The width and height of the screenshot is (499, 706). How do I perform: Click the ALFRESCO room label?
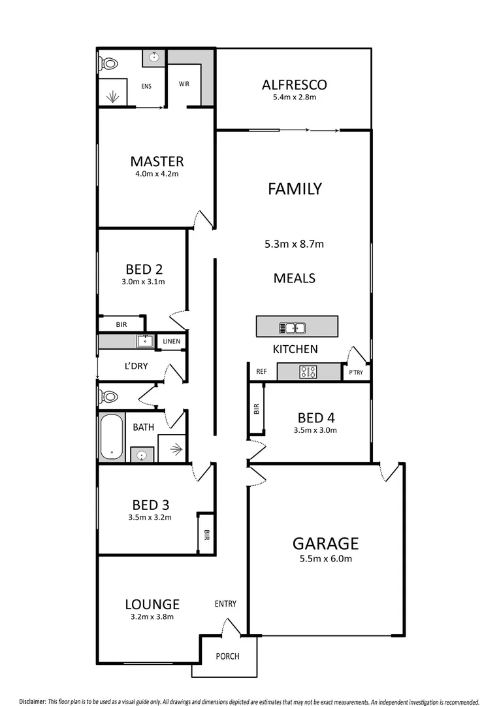point(294,84)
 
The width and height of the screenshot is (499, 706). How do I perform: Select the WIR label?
point(184,84)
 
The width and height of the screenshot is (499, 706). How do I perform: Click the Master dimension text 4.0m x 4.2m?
point(157,174)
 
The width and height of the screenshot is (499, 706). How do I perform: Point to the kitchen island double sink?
point(292,328)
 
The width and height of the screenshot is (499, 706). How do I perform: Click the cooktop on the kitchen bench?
point(308,372)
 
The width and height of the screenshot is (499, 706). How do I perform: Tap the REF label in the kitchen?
point(261,371)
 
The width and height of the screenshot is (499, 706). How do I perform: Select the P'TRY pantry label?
point(356,373)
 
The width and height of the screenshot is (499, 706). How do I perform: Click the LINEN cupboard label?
point(172,341)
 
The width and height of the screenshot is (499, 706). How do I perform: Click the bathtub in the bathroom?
point(111,437)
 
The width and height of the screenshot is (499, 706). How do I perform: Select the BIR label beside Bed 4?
point(256,409)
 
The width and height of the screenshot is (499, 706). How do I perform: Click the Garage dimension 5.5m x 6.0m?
point(325,559)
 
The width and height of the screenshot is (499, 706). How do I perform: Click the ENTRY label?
point(225,604)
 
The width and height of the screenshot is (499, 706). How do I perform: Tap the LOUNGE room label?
point(152,604)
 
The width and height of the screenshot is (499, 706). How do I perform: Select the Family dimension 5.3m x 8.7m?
point(294,244)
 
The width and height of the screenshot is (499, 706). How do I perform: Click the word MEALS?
point(294,278)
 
